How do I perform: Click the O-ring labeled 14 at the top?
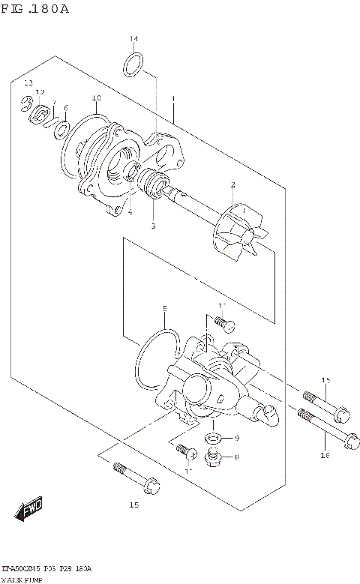(x=133, y=64)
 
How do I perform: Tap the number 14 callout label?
(x=133, y=39)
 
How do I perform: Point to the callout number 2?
(x=233, y=184)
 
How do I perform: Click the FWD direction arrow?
(x=30, y=511)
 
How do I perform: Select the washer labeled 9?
(x=213, y=438)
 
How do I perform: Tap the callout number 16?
(x=325, y=455)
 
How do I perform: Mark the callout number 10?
(x=96, y=98)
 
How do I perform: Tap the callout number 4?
(x=129, y=212)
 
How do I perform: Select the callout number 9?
(x=236, y=438)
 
